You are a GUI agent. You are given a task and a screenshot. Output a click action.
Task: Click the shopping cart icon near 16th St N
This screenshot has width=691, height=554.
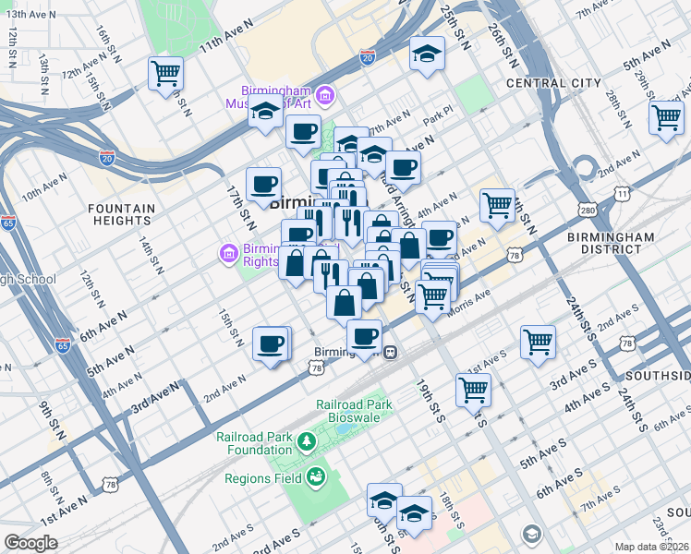[x=165, y=73]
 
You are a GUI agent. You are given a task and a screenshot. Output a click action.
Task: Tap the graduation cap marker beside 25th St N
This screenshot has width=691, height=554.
[x=428, y=54]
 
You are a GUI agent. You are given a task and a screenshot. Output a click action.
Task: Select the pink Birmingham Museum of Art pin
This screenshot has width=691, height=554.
[x=324, y=94]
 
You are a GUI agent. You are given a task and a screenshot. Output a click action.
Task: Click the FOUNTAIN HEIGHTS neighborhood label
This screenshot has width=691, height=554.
[x=121, y=215]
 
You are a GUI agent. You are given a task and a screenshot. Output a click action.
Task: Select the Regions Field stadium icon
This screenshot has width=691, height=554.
[x=315, y=477]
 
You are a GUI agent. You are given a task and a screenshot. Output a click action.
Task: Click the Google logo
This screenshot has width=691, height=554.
[x=30, y=543]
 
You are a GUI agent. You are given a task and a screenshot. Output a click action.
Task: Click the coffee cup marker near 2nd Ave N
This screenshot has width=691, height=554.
[x=271, y=344]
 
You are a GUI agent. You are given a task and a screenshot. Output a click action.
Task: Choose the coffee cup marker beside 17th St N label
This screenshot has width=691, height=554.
[x=263, y=183]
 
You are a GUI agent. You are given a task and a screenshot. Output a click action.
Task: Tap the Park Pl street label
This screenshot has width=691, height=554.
[x=434, y=120]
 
